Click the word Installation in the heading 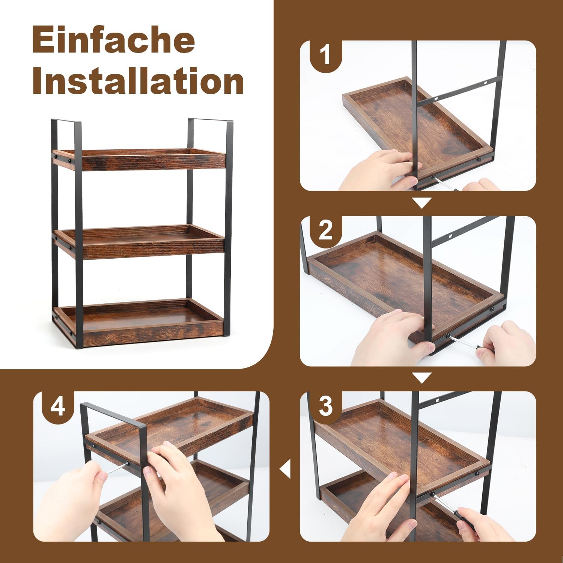pyautogui.click(x=138, y=82)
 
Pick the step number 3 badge pyautogui.click(x=325, y=406)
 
